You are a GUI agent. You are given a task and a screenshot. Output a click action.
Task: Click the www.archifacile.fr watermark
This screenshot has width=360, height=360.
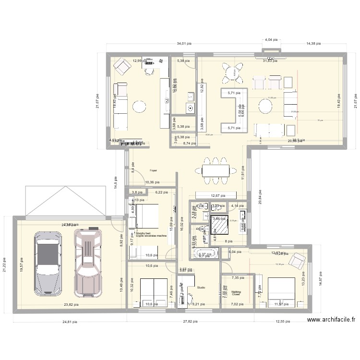(x=332, y=320)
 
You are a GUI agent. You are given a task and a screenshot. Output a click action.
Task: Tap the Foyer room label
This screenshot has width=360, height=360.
(x=153, y=170)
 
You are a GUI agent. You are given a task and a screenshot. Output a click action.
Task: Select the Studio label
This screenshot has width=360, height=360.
(x=201, y=288)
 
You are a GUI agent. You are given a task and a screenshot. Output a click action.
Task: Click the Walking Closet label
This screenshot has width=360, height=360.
(x=236, y=293)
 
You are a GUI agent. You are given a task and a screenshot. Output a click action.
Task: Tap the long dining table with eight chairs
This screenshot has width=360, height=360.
(x=215, y=170)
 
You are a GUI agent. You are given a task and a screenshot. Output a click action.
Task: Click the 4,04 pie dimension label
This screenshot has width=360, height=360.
(x=272, y=40)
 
